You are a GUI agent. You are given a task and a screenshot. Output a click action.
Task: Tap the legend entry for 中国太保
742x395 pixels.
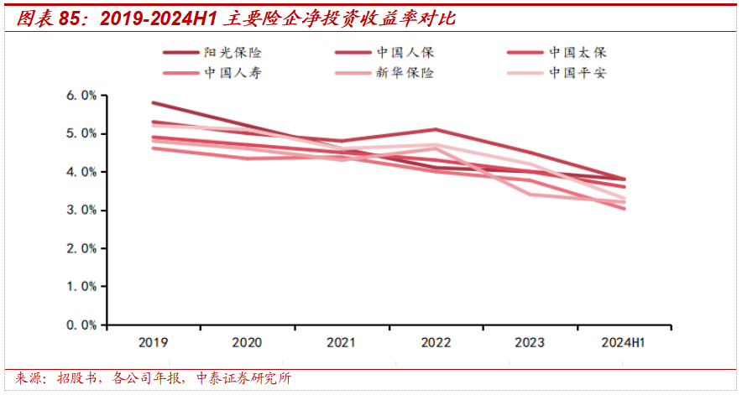(577, 52)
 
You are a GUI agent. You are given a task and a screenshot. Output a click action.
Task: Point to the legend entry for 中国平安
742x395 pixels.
(577, 73)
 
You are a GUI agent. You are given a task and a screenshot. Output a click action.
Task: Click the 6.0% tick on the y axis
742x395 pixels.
(81, 96)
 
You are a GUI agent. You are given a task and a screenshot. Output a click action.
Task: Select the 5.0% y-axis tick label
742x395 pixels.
(81, 133)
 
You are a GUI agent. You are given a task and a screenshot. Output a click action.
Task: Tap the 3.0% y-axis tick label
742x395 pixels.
(81, 210)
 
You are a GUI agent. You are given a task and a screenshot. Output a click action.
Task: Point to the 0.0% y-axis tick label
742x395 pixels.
(81, 324)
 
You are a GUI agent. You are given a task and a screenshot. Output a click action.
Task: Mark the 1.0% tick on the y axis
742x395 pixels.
(81, 286)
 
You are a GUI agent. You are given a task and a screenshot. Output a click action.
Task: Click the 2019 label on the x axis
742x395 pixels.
(153, 343)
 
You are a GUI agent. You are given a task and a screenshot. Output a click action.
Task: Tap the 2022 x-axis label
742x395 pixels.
(435, 343)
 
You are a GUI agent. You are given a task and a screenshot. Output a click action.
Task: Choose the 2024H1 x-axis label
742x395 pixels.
(623, 343)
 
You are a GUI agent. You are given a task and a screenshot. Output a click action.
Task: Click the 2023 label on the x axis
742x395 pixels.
(528, 343)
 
